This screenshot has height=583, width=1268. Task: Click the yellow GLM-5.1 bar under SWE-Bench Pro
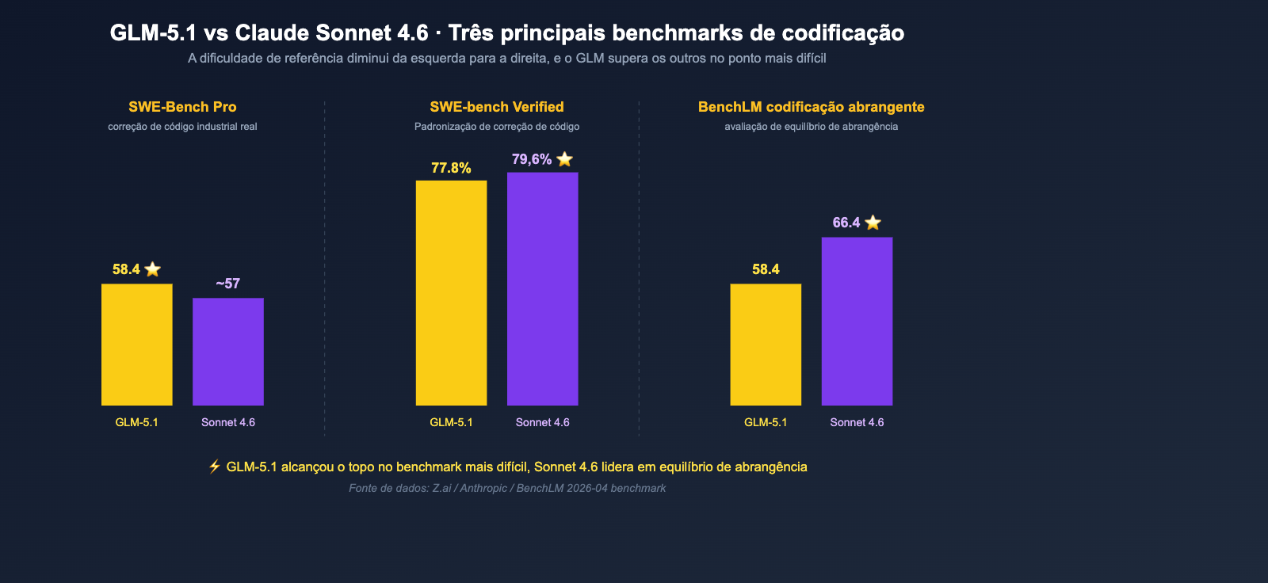pyautogui.click(x=136, y=345)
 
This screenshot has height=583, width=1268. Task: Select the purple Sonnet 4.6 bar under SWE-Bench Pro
pyautogui.click(x=228, y=352)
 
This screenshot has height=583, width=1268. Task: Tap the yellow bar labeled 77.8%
pyautogui.click(x=451, y=293)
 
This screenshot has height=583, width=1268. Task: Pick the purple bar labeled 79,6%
pyautogui.click(x=543, y=289)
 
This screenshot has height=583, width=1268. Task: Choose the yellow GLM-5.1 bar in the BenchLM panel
pyautogui.click(x=766, y=345)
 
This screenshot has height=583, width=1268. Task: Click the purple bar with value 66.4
pyautogui.click(x=857, y=321)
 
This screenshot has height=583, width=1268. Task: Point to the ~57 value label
pyautogui.click(x=228, y=284)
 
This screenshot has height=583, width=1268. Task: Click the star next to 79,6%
pyautogui.click(x=564, y=159)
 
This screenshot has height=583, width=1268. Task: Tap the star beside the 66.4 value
pyautogui.click(x=873, y=223)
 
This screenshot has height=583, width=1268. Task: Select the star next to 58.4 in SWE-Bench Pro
pyautogui.click(x=153, y=269)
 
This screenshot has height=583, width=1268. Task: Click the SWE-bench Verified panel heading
pyautogui.click(x=497, y=107)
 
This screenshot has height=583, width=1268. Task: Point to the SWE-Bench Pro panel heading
pyautogui.click(x=182, y=107)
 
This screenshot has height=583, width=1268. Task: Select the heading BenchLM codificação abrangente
pyautogui.click(x=811, y=107)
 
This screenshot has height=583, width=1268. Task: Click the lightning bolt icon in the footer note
pyautogui.click(x=214, y=467)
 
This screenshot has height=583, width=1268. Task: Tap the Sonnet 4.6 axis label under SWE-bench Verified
pyautogui.click(x=543, y=422)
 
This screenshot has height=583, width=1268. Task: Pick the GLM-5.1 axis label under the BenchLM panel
pyautogui.click(x=766, y=422)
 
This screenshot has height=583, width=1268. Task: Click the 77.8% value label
pyautogui.click(x=451, y=168)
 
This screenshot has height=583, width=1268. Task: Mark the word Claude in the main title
pyautogui.click(x=272, y=33)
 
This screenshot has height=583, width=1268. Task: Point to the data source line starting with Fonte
pyautogui.click(x=507, y=488)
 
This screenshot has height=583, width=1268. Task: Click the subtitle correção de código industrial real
pyautogui.click(x=182, y=127)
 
